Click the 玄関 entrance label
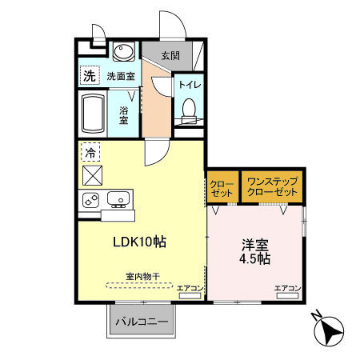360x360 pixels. (x=170, y=56)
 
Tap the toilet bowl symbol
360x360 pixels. (x=190, y=110)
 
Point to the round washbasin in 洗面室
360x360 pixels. (x=123, y=54)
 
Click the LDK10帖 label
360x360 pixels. (x=139, y=241)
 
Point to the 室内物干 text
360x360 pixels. (x=142, y=276)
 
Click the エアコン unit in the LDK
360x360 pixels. (x=190, y=292)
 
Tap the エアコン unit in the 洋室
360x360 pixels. (x=287, y=292)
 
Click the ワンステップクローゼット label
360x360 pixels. (x=272, y=187)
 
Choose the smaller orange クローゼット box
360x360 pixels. (x=222, y=187)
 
